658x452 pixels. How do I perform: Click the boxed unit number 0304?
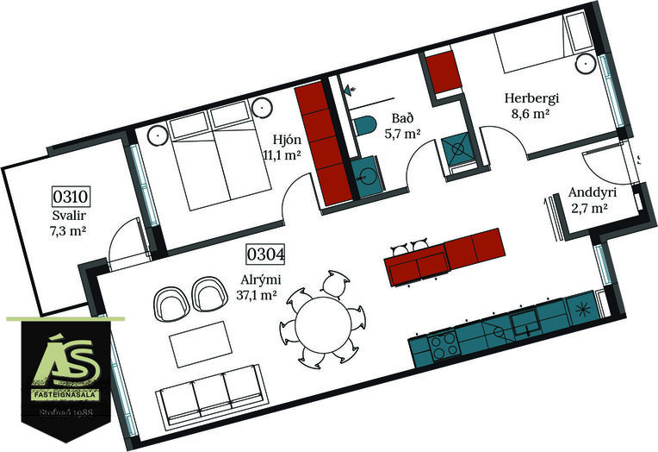coord(265,254)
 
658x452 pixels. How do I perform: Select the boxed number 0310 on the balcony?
coord(71,197)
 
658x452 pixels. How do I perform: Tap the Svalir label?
coord(69,216)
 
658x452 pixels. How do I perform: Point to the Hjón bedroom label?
coord(287,140)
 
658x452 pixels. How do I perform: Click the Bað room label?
coord(403,118)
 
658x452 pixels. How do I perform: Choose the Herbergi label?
coord(531,99)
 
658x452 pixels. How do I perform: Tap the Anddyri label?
coord(593,193)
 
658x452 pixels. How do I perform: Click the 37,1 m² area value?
coord(257,295)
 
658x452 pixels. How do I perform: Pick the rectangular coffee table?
coord(201,344)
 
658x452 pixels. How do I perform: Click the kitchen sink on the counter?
coord(525,323)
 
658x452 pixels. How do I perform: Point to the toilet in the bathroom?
coord(363,125)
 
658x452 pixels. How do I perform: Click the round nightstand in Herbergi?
coord(585,64)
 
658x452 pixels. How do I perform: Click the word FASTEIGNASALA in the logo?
coord(65,395)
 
